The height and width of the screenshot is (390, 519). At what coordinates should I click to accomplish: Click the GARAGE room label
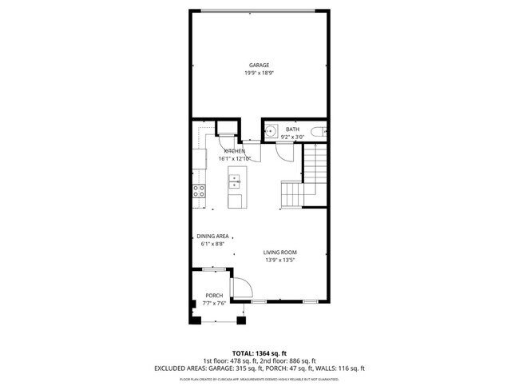(x=258, y=66)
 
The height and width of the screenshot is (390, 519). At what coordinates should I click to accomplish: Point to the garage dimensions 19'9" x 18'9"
(x=258, y=74)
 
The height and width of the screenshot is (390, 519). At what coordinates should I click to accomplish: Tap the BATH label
(x=292, y=129)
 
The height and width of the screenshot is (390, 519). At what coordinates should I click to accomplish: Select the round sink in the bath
(x=271, y=130)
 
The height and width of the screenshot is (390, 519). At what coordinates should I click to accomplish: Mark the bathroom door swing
(x=284, y=150)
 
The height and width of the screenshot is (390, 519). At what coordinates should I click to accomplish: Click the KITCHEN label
(x=235, y=151)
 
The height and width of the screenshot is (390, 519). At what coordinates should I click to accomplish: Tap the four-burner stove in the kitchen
(x=199, y=190)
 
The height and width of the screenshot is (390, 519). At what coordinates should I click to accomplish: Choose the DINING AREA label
(x=213, y=236)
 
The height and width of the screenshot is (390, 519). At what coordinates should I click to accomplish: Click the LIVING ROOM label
(x=280, y=252)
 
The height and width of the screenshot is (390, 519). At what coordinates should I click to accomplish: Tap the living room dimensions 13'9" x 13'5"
(x=280, y=260)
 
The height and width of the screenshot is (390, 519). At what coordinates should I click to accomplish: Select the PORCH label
(x=214, y=296)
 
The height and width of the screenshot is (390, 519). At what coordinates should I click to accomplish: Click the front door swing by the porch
(x=240, y=289)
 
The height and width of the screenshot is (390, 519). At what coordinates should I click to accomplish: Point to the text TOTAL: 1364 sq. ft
(x=259, y=352)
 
